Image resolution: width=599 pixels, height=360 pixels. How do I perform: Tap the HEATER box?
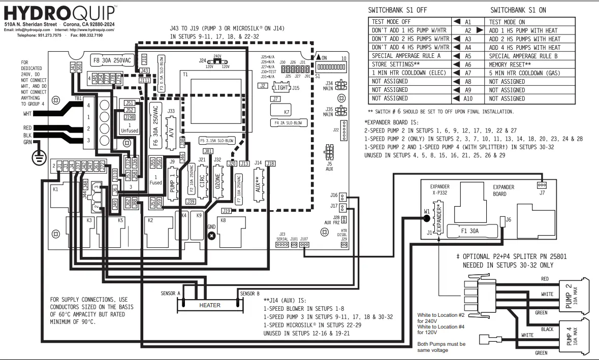click(x=209, y=305)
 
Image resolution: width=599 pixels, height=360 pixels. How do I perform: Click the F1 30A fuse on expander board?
click(x=470, y=231)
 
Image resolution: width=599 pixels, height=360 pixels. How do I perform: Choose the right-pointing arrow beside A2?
click(x=479, y=30)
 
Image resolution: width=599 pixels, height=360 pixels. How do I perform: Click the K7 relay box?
click(x=287, y=111)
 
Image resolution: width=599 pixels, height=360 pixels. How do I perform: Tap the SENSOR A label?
click(x=171, y=293)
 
